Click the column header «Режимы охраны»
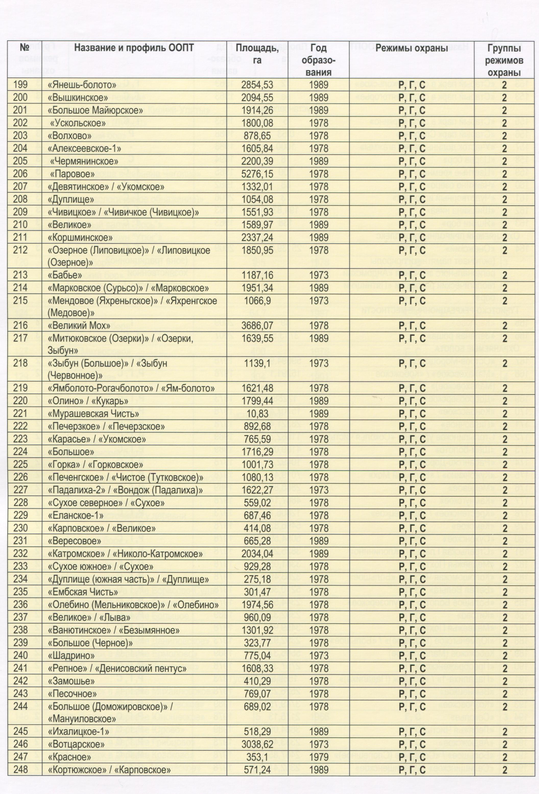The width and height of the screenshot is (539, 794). pos(411,48)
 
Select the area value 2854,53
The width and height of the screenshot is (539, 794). pos(257,85)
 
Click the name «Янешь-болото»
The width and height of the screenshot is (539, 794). pos(82,85)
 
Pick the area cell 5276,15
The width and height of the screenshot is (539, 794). pos(257,174)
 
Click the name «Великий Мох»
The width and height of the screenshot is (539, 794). pos(79,325)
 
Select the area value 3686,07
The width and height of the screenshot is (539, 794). pos(257,325)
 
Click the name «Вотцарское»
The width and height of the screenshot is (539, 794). pos(76,744)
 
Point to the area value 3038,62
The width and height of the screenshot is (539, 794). pos(257,744)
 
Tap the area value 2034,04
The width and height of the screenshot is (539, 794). pos(257,554)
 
